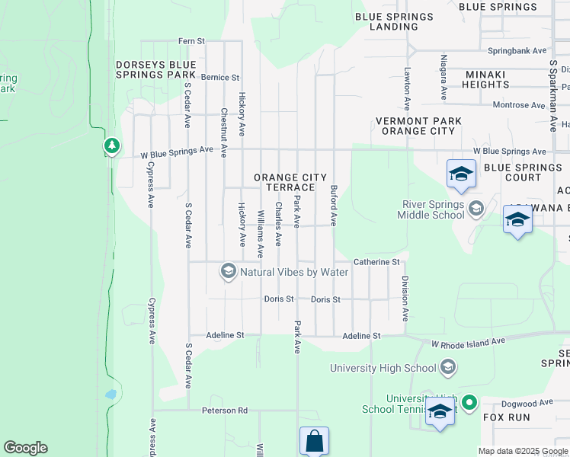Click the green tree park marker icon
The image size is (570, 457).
tap(112, 145)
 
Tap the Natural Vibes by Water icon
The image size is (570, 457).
tap(228, 271)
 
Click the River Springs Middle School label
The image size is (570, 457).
tap(431, 209)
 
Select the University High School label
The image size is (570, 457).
tap(383, 369)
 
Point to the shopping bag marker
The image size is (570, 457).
tap(314, 440)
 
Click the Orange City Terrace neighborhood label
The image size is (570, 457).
tap(285, 183)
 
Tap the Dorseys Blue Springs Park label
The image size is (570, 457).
tap(155, 70)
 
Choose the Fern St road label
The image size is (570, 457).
tap(191, 40)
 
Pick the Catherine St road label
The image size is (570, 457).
tap(376, 262)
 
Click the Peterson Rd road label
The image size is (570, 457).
tap(225, 411)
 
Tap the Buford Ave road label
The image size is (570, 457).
tap(334, 205)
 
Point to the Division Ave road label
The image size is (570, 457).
tap(405, 298)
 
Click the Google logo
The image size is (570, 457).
tap(25, 448)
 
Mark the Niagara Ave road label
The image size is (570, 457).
tap(443, 78)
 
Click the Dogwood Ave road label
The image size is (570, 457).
tap(528, 403)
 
